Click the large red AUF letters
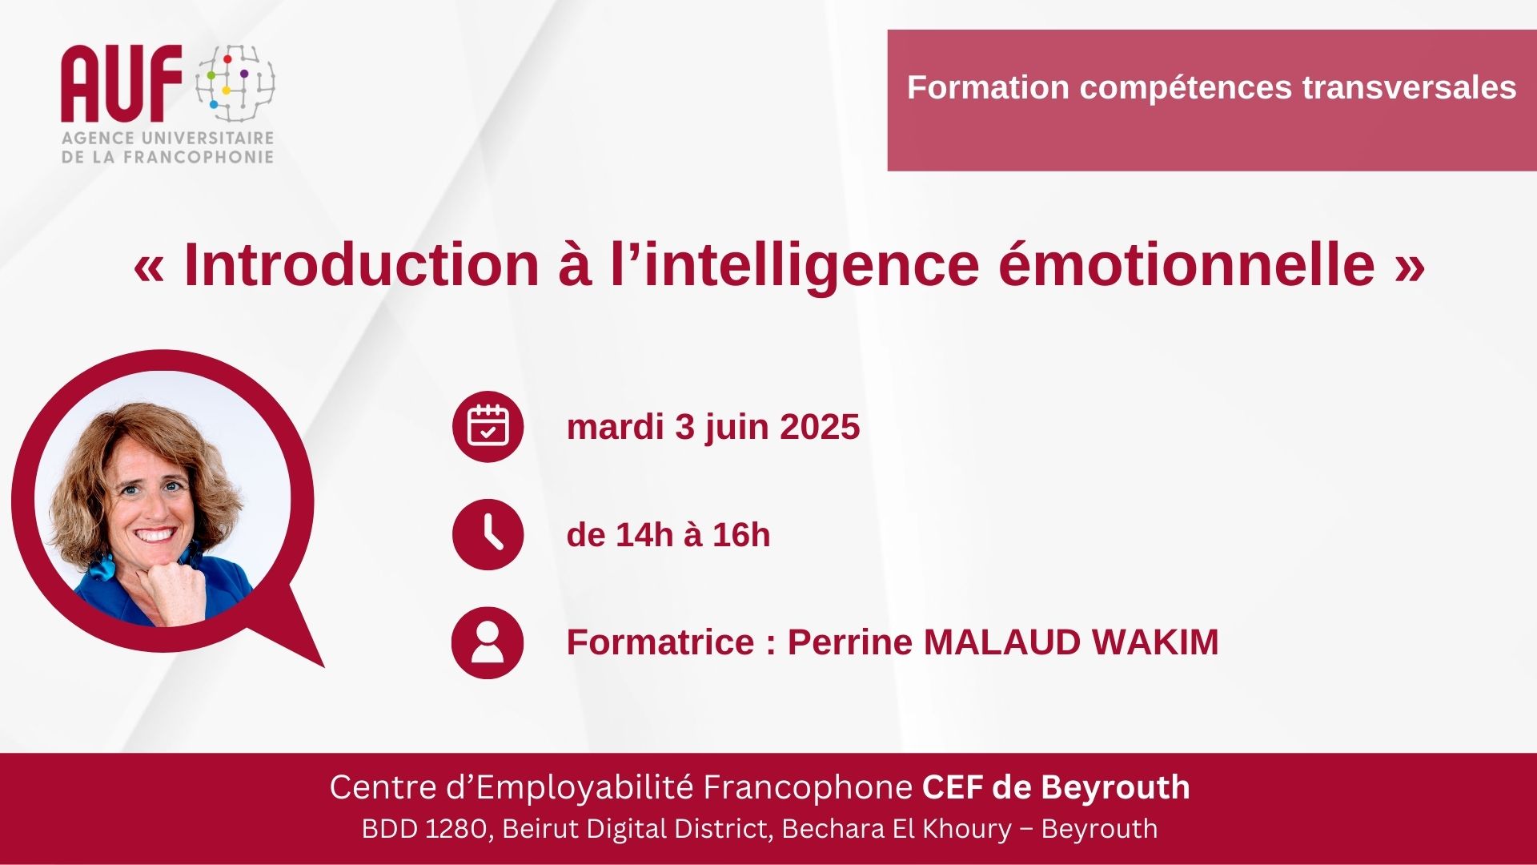click(x=122, y=83)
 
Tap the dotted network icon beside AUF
click(x=235, y=83)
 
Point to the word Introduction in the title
click(x=362, y=264)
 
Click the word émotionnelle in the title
click(x=1186, y=264)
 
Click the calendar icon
click(x=488, y=426)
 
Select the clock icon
click(x=488, y=534)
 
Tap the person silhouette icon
click(x=488, y=642)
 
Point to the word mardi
click(x=616, y=427)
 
